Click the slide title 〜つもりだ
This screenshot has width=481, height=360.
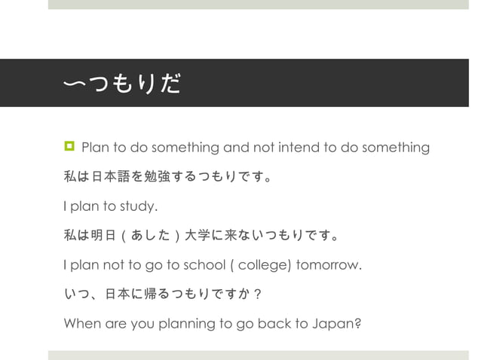point(122,84)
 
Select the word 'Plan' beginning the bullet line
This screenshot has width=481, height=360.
point(95,147)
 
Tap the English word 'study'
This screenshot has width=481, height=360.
point(137,206)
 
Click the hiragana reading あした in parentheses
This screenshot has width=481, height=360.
point(152,237)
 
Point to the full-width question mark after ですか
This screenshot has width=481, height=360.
point(257,295)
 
